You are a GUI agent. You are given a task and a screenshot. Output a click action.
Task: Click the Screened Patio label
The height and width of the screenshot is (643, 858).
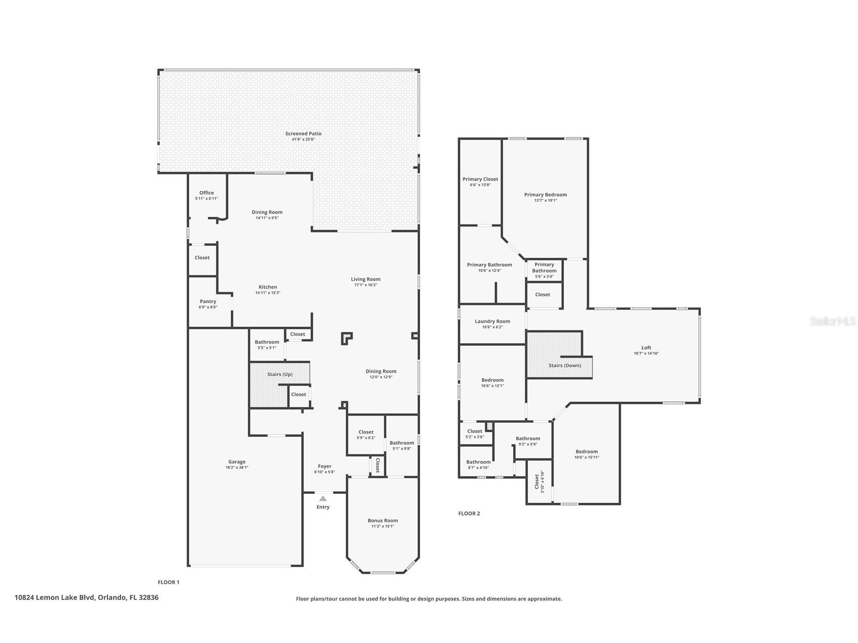303,133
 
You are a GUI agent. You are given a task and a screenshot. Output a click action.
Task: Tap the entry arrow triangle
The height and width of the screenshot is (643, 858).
323,498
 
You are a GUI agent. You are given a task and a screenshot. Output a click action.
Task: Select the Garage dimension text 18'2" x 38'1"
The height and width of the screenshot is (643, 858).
237,468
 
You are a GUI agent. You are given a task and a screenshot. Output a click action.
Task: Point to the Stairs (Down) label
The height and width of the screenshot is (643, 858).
565,365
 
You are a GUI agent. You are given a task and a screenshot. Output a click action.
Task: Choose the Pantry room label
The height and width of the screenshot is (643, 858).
208,301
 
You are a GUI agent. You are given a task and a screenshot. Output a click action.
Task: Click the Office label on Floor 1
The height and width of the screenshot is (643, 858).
206,193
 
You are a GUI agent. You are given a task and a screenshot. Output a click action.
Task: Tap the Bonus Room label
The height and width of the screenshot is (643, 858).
383,520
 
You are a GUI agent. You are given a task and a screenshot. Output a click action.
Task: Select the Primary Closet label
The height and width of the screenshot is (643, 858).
480,179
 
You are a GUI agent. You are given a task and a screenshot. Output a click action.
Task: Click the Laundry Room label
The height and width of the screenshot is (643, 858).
492,321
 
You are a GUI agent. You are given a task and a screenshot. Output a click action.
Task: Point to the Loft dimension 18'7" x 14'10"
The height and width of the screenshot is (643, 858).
646,353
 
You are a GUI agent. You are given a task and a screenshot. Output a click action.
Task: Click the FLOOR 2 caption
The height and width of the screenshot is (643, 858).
469,514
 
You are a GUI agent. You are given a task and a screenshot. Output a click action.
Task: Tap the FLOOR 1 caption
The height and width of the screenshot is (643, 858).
168,582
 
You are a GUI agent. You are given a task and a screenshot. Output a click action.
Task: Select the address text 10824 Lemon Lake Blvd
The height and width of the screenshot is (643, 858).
86,598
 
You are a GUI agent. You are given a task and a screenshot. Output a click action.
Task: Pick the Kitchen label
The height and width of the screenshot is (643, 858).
267,287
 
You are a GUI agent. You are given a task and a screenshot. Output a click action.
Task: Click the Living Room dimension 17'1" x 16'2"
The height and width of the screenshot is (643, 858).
366,285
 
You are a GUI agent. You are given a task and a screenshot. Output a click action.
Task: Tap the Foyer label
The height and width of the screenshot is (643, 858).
324,466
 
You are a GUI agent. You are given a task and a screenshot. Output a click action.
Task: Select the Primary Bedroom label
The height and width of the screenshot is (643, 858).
545,195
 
